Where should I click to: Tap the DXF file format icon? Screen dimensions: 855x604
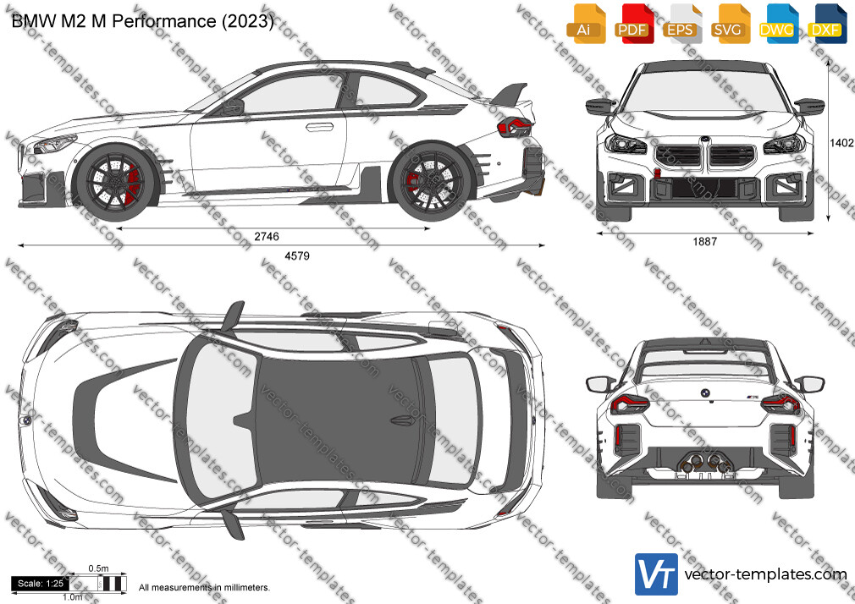pos(827,24)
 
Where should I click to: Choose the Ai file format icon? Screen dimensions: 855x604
pos(586,24)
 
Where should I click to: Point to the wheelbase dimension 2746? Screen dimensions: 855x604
pos(267,236)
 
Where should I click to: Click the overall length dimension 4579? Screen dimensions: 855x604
pos(297,255)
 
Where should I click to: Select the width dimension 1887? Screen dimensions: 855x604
pos(705,241)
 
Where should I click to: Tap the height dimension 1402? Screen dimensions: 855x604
pos(841,143)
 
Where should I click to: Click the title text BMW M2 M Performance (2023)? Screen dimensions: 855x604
pos(142,21)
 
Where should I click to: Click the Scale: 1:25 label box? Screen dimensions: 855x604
pos(41,584)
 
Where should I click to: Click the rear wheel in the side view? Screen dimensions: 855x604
pos(432,182)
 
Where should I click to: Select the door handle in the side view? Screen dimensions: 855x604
pos(319,127)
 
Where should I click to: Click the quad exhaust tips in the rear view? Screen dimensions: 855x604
pos(704,464)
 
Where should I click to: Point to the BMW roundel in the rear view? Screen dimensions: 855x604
pos(704,393)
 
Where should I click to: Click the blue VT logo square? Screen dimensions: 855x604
pos(657,574)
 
